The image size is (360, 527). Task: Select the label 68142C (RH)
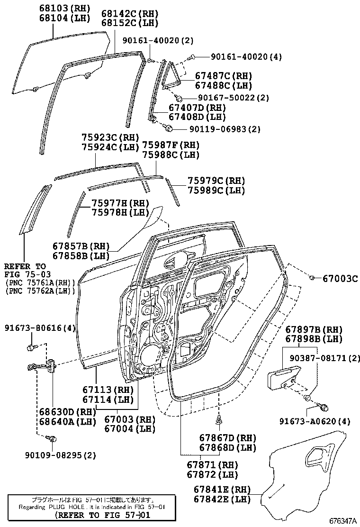(129, 14)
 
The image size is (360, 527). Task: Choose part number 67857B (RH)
(81, 246)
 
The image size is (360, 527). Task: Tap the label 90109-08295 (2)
(60, 455)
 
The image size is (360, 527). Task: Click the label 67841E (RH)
(222, 489)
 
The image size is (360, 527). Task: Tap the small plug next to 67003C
(312, 277)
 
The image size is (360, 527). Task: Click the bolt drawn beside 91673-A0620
(324, 407)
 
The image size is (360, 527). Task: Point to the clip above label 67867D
(218, 419)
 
